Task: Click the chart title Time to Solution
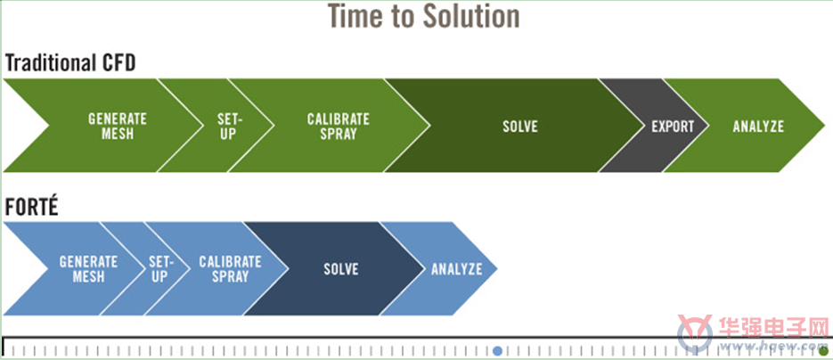(x=423, y=15)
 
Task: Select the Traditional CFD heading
(x=70, y=63)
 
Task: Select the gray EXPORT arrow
(x=671, y=126)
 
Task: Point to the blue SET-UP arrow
(x=159, y=269)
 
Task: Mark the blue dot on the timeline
(x=497, y=351)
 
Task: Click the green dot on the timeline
(x=823, y=351)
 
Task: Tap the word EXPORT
(x=673, y=127)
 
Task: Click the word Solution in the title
(x=472, y=15)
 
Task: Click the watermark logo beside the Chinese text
(x=694, y=333)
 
